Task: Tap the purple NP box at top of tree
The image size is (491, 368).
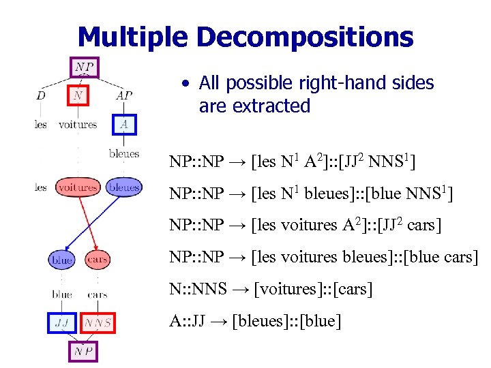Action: click(x=85, y=67)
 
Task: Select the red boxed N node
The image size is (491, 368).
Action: click(x=79, y=95)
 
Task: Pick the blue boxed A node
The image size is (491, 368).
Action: click(x=124, y=124)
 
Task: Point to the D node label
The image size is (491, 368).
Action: click(x=41, y=95)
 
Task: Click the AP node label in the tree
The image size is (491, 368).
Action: click(x=124, y=95)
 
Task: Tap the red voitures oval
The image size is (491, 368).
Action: click(x=77, y=187)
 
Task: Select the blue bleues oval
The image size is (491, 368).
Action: click(x=123, y=187)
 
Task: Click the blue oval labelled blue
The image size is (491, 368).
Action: click(x=62, y=260)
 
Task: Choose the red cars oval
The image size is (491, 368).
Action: click(x=98, y=260)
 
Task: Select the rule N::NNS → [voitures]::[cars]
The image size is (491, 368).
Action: click(x=271, y=289)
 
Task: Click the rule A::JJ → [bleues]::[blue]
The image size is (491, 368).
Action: click(x=255, y=320)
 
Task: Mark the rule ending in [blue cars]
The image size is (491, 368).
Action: click(x=324, y=257)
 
